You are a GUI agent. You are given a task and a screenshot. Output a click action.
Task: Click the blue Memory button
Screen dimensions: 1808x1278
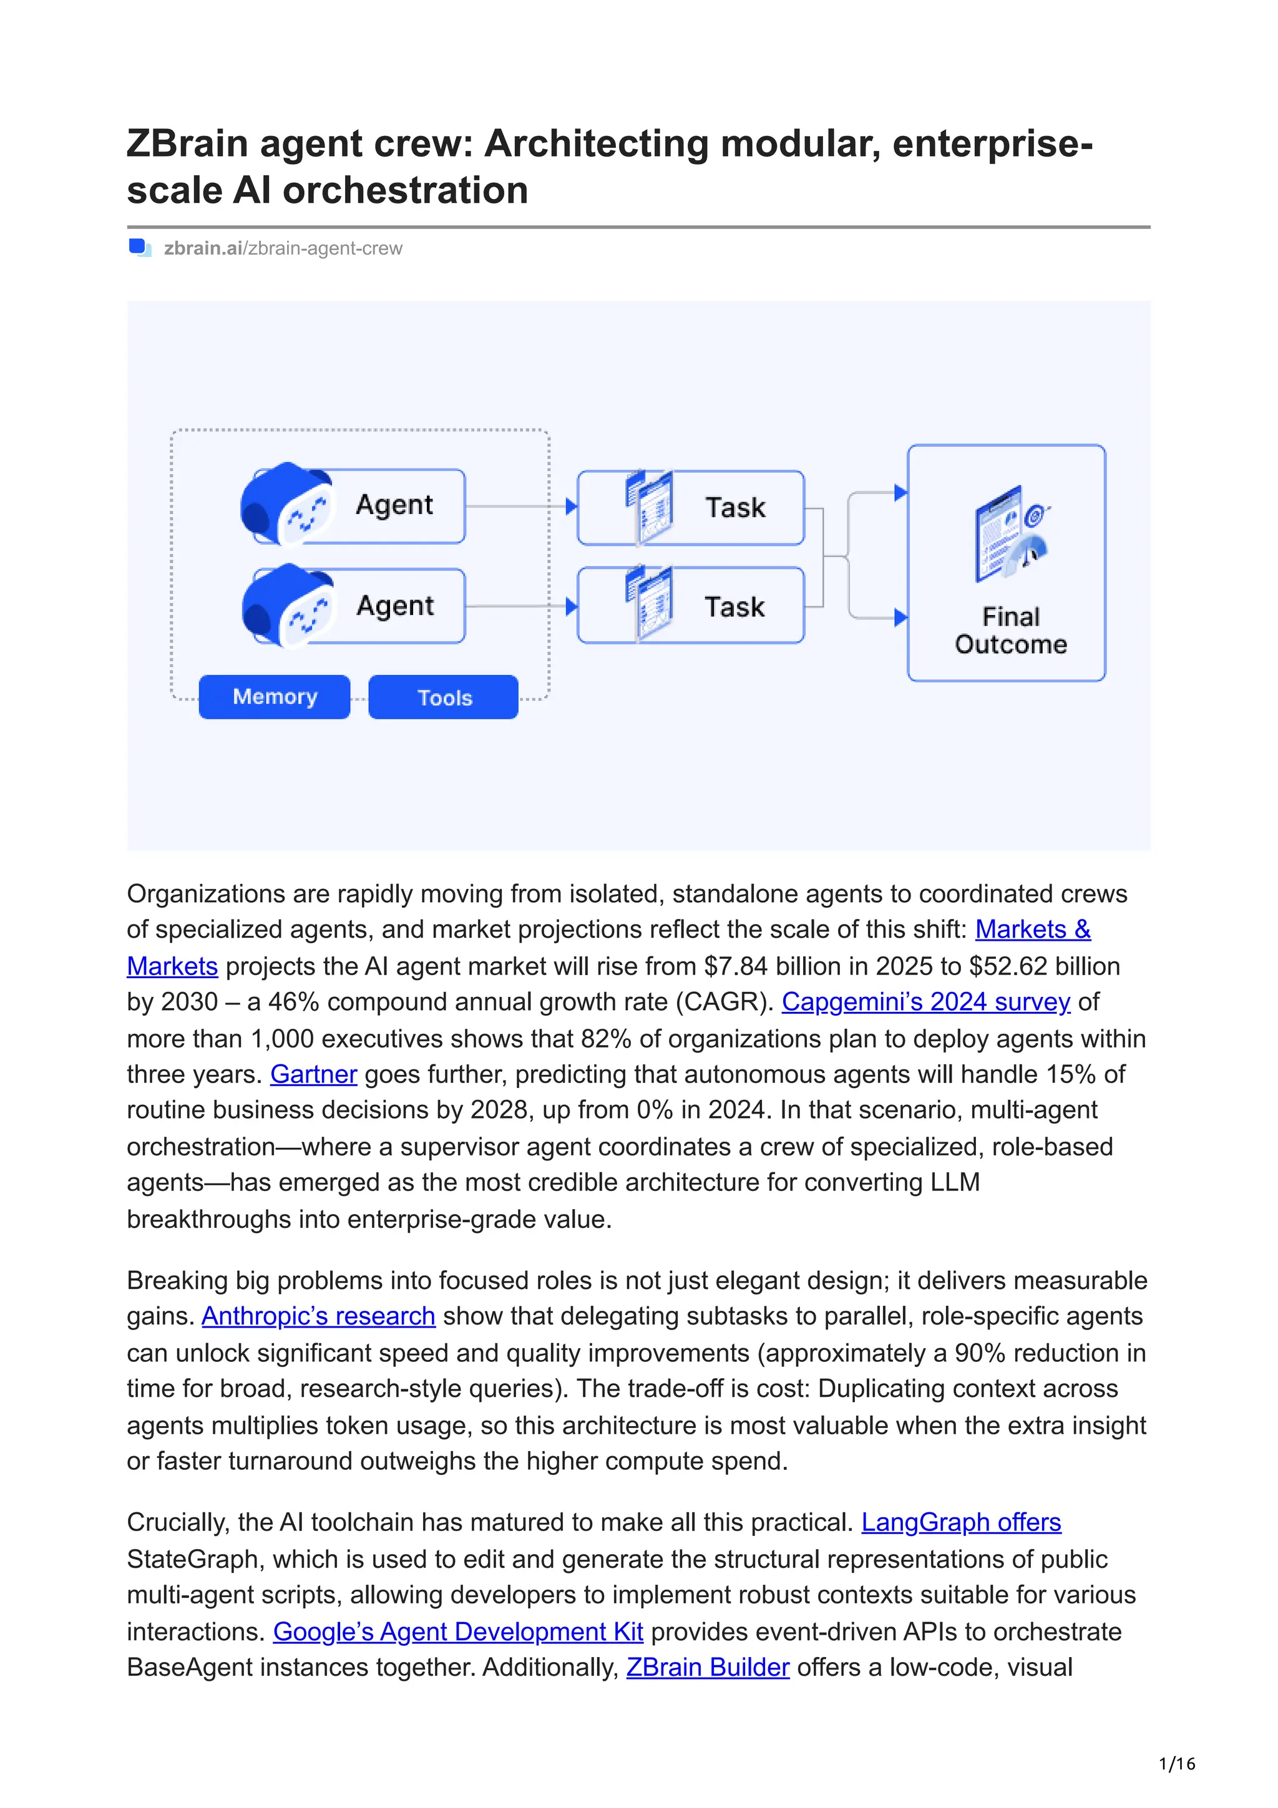click(x=274, y=697)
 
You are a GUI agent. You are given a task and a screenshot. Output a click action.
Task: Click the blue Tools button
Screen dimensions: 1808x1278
click(x=443, y=697)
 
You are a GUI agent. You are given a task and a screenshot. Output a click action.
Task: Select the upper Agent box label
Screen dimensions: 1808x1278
click(x=394, y=505)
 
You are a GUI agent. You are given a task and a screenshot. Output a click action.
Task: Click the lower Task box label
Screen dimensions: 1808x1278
click(x=734, y=607)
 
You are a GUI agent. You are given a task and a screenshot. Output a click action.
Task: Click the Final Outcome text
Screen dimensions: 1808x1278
click(x=1010, y=630)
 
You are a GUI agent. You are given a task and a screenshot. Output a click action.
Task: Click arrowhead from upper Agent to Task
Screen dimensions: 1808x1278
click(x=571, y=507)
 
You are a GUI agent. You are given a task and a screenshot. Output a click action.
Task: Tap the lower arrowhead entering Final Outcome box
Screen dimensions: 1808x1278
click(x=900, y=618)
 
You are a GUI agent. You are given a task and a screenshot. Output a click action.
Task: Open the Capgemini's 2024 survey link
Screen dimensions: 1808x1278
click(x=925, y=1002)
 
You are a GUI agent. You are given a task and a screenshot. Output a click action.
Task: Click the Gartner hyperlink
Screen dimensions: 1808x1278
click(x=313, y=1074)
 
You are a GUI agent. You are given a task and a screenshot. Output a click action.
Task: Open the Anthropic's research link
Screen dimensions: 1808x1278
click(x=318, y=1316)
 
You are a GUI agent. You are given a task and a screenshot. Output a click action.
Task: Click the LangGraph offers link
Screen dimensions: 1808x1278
click(x=960, y=1522)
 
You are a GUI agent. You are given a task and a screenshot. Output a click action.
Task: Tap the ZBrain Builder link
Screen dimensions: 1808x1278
click(x=707, y=1667)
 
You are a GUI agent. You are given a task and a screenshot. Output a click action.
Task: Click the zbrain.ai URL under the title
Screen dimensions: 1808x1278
click(x=283, y=248)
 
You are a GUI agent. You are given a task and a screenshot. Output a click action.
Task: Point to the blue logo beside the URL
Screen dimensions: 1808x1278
click(x=139, y=248)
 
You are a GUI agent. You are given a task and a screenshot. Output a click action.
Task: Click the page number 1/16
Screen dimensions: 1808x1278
click(x=1176, y=1763)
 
